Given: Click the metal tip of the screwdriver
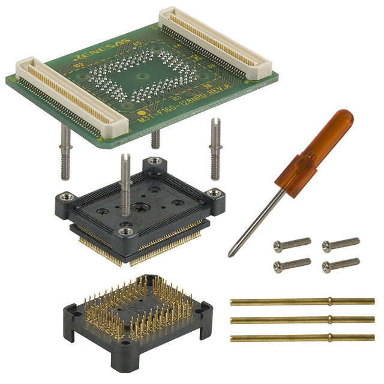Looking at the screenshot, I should pyautogui.click(x=233, y=250).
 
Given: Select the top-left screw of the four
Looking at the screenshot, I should pyautogui.click(x=292, y=244).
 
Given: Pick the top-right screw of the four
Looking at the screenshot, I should pyautogui.click(x=340, y=244).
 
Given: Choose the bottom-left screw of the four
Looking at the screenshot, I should pyautogui.click(x=292, y=264).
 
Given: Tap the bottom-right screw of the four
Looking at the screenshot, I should pyautogui.click(x=340, y=264).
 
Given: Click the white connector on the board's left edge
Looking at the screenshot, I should pyautogui.click(x=72, y=95).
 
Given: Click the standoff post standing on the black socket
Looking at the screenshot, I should pyautogui.click(x=127, y=180).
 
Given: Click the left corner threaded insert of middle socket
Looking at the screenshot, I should pyautogui.click(x=64, y=197).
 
